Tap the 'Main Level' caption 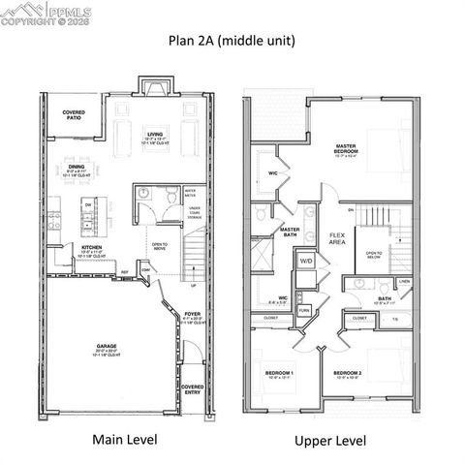[x=125, y=440]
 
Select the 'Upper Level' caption [x=330, y=441]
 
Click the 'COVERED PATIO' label [x=74, y=115]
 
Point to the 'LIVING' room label [x=155, y=135]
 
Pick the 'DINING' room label [x=77, y=167]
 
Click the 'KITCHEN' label [x=92, y=247]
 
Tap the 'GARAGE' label [x=107, y=346]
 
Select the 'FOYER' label [x=192, y=315]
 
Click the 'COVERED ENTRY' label [x=192, y=389]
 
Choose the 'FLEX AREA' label [x=338, y=237]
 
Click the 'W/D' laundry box [x=306, y=262]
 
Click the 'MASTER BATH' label [x=290, y=232]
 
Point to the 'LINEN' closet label [x=404, y=282]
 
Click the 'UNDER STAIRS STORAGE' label [x=195, y=213]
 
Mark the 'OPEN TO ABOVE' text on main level [x=160, y=246]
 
